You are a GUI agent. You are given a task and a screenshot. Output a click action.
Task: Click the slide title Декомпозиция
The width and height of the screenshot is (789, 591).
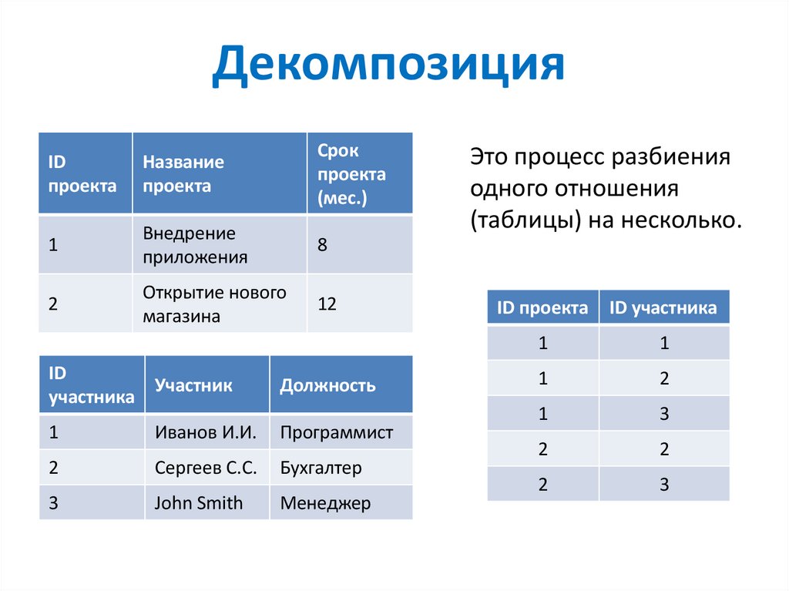click(x=388, y=66)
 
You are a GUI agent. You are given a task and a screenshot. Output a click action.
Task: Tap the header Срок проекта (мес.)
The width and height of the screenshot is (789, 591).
click(x=351, y=174)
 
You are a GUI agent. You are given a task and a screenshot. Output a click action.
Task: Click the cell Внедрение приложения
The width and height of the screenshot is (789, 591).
click(x=195, y=245)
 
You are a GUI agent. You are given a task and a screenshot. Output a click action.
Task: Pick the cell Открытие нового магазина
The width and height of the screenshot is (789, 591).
click(x=214, y=304)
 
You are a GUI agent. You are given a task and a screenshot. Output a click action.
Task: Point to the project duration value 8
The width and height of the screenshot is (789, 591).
click(x=322, y=246)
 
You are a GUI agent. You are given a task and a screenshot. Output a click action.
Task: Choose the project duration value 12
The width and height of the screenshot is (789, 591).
click(x=327, y=304)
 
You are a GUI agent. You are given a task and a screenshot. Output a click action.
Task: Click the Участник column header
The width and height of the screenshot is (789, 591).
click(x=193, y=385)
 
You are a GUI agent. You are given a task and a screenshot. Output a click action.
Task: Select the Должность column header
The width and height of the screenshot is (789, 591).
click(x=327, y=385)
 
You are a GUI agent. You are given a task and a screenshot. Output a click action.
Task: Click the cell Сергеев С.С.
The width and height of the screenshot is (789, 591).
click(x=200, y=468)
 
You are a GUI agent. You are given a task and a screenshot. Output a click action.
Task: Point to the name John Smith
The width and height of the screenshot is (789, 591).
click(x=198, y=503)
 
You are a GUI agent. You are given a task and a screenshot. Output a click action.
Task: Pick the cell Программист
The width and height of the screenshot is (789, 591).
click(x=337, y=432)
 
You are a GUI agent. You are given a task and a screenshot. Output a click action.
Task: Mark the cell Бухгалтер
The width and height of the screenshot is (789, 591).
click(x=321, y=468)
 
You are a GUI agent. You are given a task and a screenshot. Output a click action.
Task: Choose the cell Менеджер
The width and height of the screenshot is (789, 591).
click(x=325, y=503)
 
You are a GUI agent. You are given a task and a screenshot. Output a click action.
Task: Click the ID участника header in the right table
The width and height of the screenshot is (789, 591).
click(x=663, y=308)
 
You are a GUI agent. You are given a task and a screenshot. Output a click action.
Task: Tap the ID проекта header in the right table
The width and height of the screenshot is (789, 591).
click(x=542, y=308)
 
